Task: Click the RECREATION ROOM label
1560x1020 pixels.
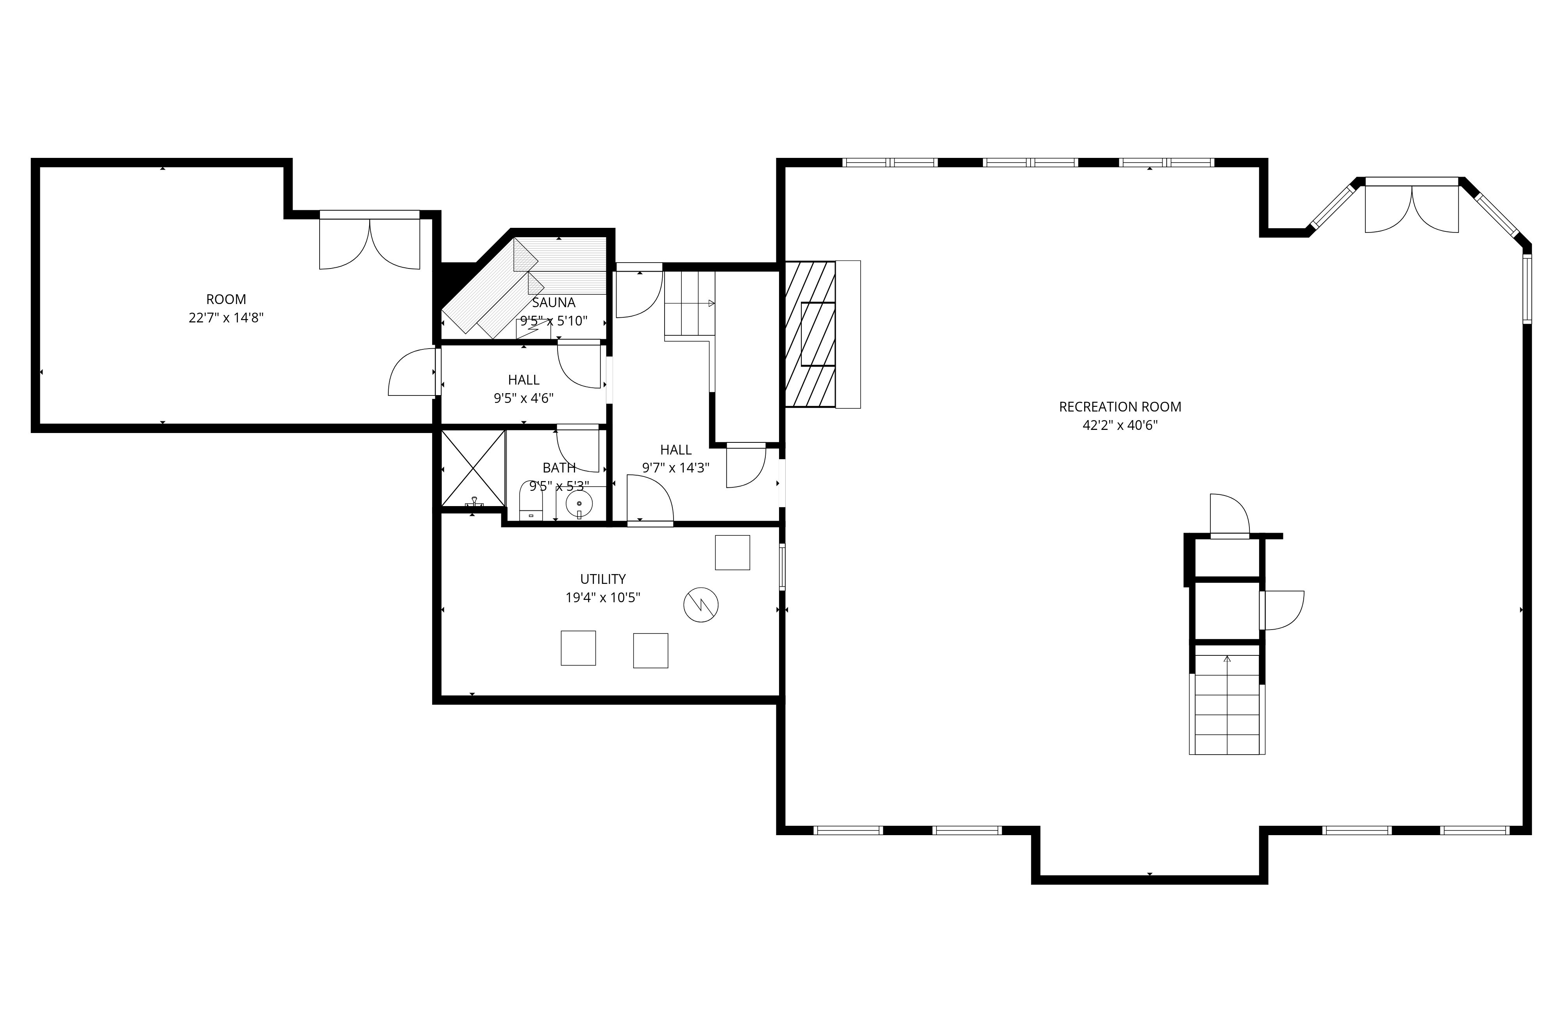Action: tap(1120, 406)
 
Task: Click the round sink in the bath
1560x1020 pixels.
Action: tap(579, 503)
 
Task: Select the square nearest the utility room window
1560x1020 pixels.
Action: tap(732, 553)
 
